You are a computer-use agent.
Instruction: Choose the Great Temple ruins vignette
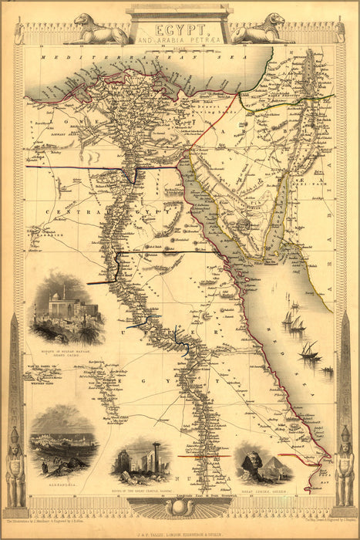140,460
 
